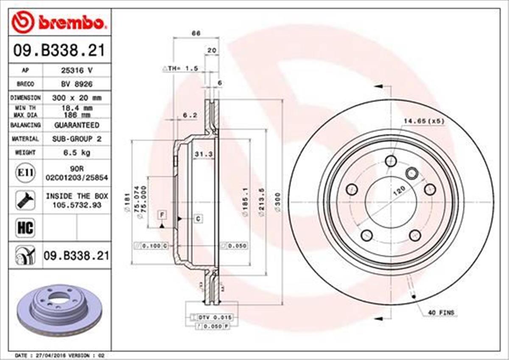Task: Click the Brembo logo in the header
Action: click(58, 22)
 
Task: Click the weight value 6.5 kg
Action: click(76, 152)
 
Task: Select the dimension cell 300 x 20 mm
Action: click(76, 98)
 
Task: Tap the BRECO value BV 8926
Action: click(76, 84)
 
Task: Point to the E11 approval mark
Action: click(25, 172)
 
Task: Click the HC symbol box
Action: click(25, 228)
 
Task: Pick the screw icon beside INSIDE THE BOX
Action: click(25, 200)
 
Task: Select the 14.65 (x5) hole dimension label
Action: click(423, 121)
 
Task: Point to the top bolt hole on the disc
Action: click(391, 161)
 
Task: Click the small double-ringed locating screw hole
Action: click(411, 173)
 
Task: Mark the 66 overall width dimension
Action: click(196, 33)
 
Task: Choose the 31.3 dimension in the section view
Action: click(203, 154)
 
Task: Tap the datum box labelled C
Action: click(198, 219)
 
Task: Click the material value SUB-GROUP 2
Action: click(76, 139)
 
